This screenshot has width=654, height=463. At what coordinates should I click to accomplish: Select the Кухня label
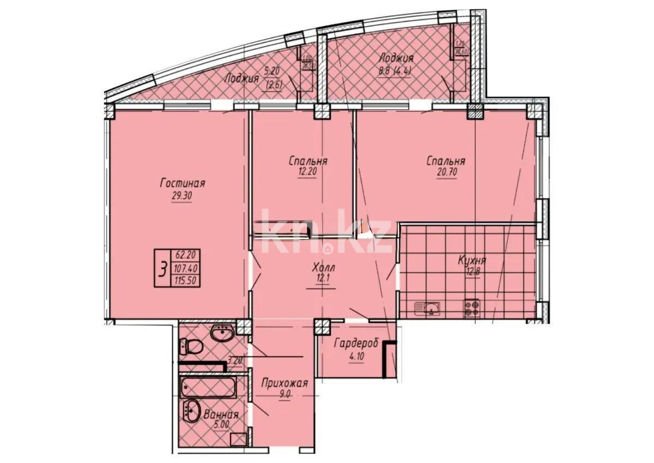point(471,260)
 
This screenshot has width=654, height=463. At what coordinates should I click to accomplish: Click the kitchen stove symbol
point(471,309)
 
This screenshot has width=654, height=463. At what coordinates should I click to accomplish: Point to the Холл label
point(323,268)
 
